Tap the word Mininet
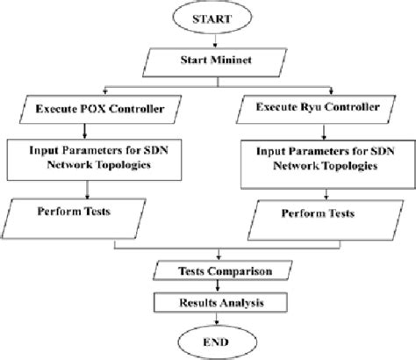tap(226, 61)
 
